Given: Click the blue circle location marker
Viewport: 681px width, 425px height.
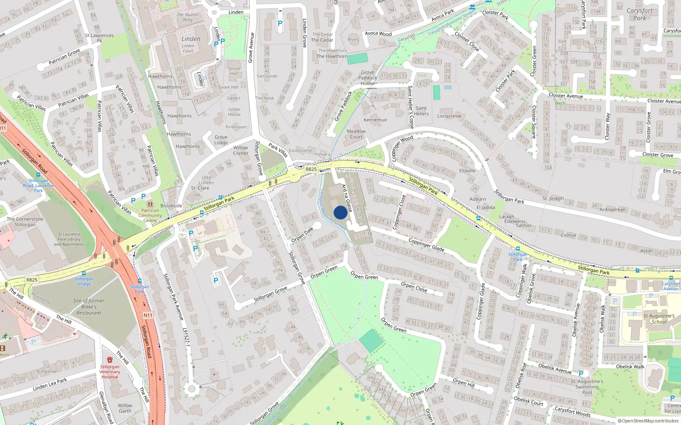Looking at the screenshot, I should tap(340, 212).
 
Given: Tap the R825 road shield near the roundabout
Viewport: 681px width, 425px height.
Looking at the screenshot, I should tap(311, 169).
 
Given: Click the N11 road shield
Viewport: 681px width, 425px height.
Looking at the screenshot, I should tap(148, 315).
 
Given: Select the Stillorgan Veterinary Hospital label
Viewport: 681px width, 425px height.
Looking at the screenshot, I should tap(110, 371).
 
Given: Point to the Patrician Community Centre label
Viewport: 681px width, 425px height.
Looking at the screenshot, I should tap(150, 215).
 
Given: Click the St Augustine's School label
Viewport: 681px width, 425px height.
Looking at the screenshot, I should tap(659, 319).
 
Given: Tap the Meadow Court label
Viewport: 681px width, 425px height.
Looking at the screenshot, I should tap(356, 134).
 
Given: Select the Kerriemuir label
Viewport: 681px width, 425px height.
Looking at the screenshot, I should tap(375, 120).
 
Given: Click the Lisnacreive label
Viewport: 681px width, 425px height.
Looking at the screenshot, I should tap(449, 116).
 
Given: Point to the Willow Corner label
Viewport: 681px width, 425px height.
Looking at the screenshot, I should tap(240, 150).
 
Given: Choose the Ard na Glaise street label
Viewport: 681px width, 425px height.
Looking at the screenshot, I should tap(347, 198).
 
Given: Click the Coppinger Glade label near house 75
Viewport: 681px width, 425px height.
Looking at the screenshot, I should tap(426, 244).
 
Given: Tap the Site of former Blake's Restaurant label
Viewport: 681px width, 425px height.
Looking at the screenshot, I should tap(89, 306).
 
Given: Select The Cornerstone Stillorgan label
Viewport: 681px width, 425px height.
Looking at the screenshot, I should tap(25, 221).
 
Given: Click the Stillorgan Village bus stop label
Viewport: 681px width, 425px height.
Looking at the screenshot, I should tap(84, 281).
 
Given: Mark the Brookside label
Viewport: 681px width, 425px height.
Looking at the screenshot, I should tap(172, 206).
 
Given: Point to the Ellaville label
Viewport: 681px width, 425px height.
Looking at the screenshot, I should tap(467, 171).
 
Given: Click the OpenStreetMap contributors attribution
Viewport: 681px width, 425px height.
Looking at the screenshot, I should tap(648, 421).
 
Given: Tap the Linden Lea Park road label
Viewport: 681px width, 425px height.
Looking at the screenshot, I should tap(50, 384).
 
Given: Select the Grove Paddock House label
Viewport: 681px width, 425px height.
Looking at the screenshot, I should tap(368, 78).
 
